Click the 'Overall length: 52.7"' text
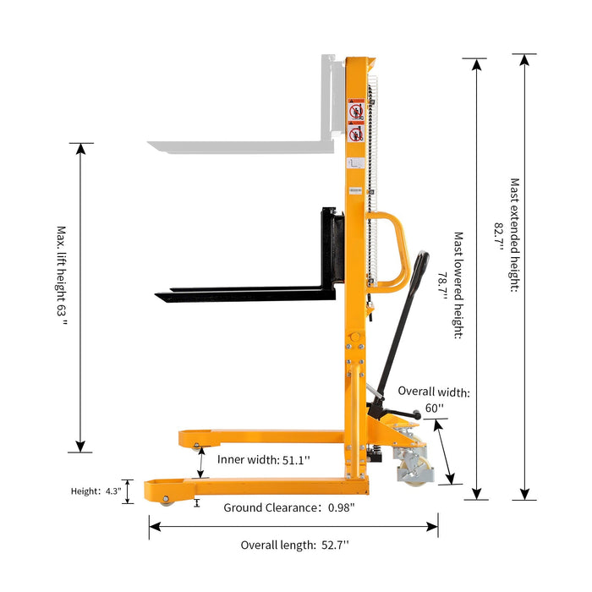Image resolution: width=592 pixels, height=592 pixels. click(x=294, y=545)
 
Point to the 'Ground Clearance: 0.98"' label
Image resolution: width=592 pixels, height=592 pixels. click(x=288, y=507)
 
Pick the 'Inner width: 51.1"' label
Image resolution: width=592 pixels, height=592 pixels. click(x=264, y=459)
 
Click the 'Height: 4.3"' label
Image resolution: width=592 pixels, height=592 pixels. click(x=96, y=491)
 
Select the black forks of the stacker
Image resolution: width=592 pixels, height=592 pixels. click(x=245, y=293)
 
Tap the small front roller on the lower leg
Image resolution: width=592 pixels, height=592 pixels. click(x=165, y=499)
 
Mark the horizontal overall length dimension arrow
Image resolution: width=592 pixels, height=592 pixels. click(x=293, y=527)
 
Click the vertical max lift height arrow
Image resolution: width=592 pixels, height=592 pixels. click(x=81, y=296)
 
